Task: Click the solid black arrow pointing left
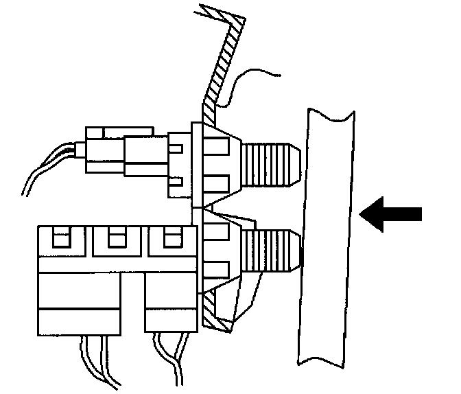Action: point(390,215)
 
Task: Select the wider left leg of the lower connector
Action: point(78,302)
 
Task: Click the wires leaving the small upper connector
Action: point(48,168)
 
